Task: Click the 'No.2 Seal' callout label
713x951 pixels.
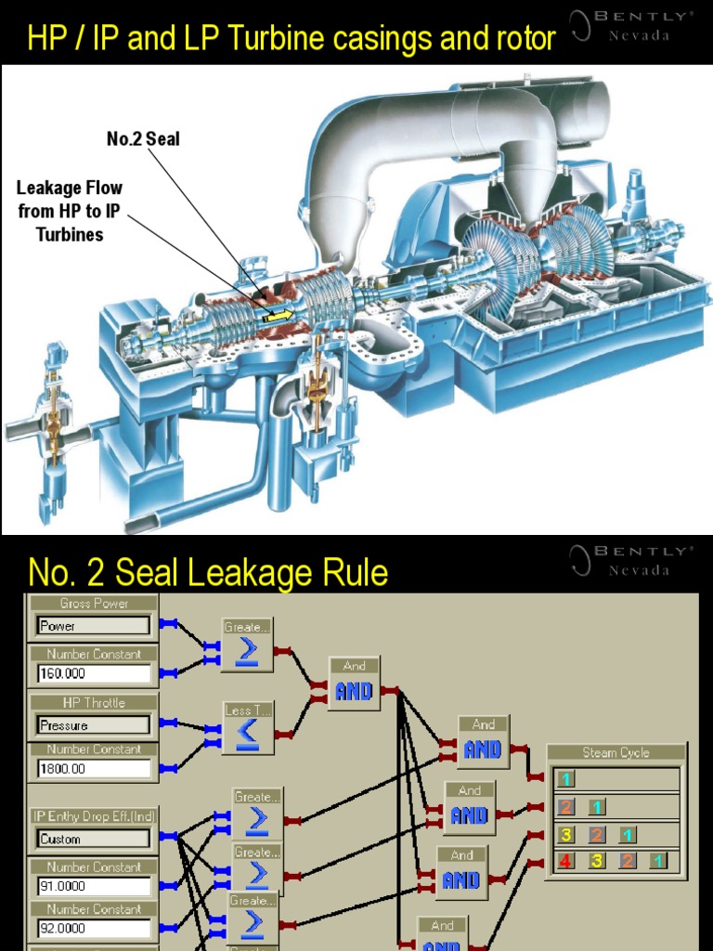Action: pos(143,139)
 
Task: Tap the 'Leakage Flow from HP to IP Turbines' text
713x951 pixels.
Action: pos(70,211)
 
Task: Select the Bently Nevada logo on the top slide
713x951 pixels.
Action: pos(631,25)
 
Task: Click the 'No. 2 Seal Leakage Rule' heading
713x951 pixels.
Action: pos(208,572)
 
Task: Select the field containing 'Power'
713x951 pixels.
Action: pos(94,626)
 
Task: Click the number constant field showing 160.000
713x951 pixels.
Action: pos(94,673)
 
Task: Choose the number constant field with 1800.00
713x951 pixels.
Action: pos(94,768)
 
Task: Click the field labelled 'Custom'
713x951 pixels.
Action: pos(94,839)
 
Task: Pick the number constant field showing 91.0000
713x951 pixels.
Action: pos(94,886)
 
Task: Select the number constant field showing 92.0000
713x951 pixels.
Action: pos(94,928)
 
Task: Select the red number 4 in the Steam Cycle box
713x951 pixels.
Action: pos(565,861)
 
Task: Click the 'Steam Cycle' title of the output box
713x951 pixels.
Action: pos(616,752)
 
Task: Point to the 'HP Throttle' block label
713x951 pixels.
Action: pos(94,703)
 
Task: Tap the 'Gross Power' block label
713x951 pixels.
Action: pos(94,604)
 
